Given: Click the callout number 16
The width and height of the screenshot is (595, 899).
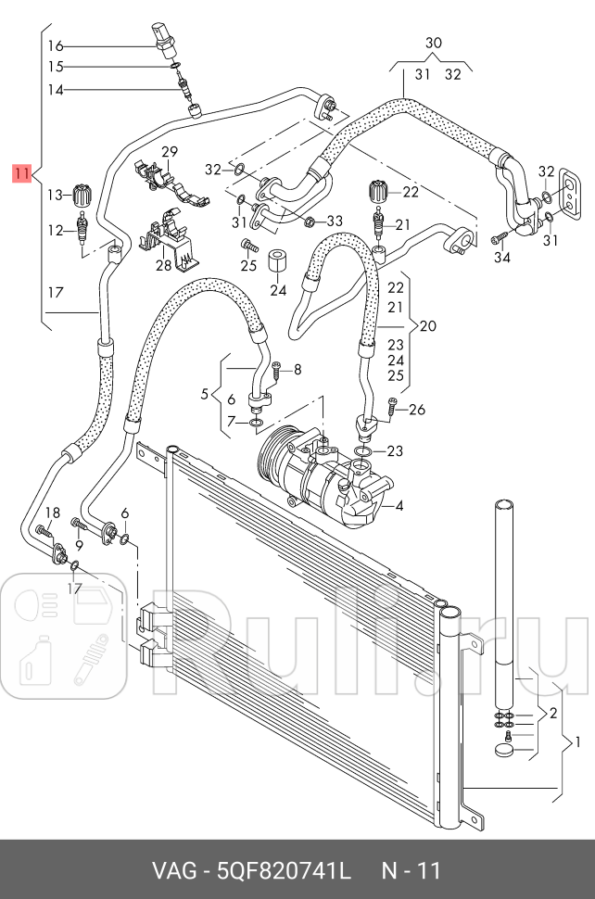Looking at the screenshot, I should pos(56,45).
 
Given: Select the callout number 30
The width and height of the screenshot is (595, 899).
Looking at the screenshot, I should pos(434,44).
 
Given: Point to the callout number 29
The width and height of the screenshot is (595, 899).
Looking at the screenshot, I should pos(169,152).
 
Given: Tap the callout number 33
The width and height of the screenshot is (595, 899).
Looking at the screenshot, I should pos(335,221).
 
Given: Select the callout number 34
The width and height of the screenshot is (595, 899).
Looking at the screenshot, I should pos(501,257).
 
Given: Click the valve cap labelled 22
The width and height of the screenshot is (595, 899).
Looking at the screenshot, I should pos(378,192).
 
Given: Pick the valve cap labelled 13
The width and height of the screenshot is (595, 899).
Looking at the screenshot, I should pos(83,195).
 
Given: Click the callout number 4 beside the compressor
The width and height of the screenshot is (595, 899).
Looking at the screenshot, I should pos(399,506).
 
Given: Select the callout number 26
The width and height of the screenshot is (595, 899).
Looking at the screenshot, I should pos(417,409).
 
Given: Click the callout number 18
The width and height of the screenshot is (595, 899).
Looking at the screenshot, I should pos(52,513).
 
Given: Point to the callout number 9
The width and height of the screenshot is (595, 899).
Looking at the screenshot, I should pos(79,545).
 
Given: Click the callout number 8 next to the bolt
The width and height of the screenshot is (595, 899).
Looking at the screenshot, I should pos(297,370).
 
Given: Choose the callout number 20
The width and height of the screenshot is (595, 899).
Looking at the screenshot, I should pos(427,326).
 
